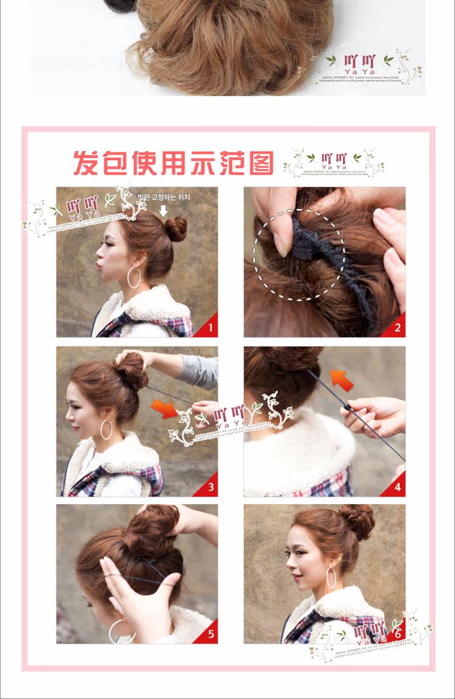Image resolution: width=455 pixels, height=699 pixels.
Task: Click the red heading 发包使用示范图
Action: pos(173,163)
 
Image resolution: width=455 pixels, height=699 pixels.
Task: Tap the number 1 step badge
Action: pos(210,329)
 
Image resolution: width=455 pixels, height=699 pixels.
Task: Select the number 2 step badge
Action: pos(397,329)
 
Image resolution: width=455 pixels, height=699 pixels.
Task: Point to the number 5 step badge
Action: pos(210,635)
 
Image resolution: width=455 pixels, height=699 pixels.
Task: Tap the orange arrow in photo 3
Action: pos(164,408)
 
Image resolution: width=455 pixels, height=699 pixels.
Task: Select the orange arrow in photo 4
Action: pos(342,380)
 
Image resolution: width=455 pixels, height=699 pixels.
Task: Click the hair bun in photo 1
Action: pos(176,229)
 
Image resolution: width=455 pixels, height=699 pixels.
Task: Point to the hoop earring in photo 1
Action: pos(134,278)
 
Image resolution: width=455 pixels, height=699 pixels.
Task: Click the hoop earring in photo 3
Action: pos(106,430)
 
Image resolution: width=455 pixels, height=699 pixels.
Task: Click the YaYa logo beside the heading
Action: pos(334,163)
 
